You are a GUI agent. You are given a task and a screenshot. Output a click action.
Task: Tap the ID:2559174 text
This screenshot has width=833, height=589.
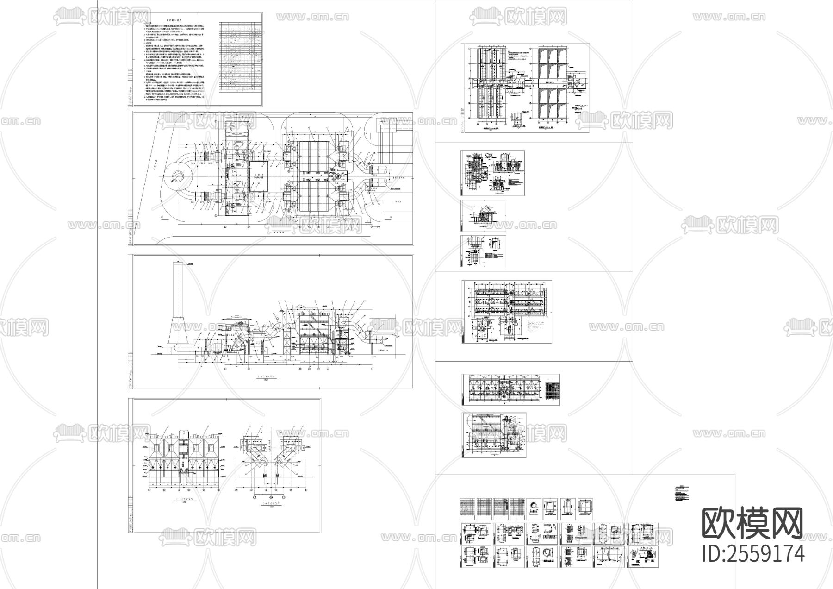tap(753, 553)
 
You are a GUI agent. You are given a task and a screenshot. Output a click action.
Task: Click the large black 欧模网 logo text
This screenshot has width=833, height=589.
tap(752, 523)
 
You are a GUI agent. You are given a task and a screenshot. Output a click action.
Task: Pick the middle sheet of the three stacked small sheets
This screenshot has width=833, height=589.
tap(484, 216)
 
